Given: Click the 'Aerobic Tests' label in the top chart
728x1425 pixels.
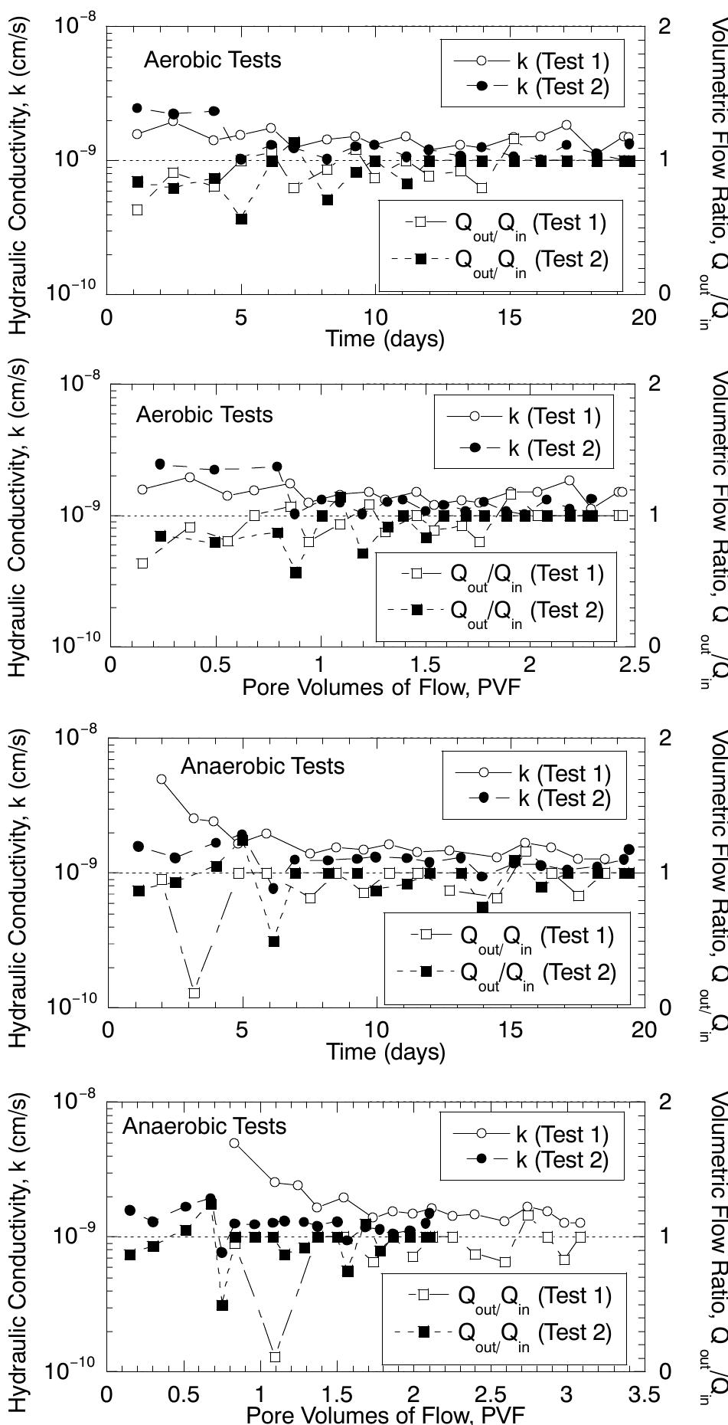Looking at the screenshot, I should pos(212,61).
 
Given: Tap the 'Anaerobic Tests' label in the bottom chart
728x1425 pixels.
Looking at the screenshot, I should pos(204,1125).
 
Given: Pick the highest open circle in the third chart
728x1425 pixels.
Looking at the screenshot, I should pos(162,779).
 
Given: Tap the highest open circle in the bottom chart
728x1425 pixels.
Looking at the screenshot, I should pos(234,1143).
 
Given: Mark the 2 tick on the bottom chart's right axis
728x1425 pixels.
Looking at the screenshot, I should pos(664,1102).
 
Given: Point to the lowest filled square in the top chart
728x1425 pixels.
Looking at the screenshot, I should pos(242,219).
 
